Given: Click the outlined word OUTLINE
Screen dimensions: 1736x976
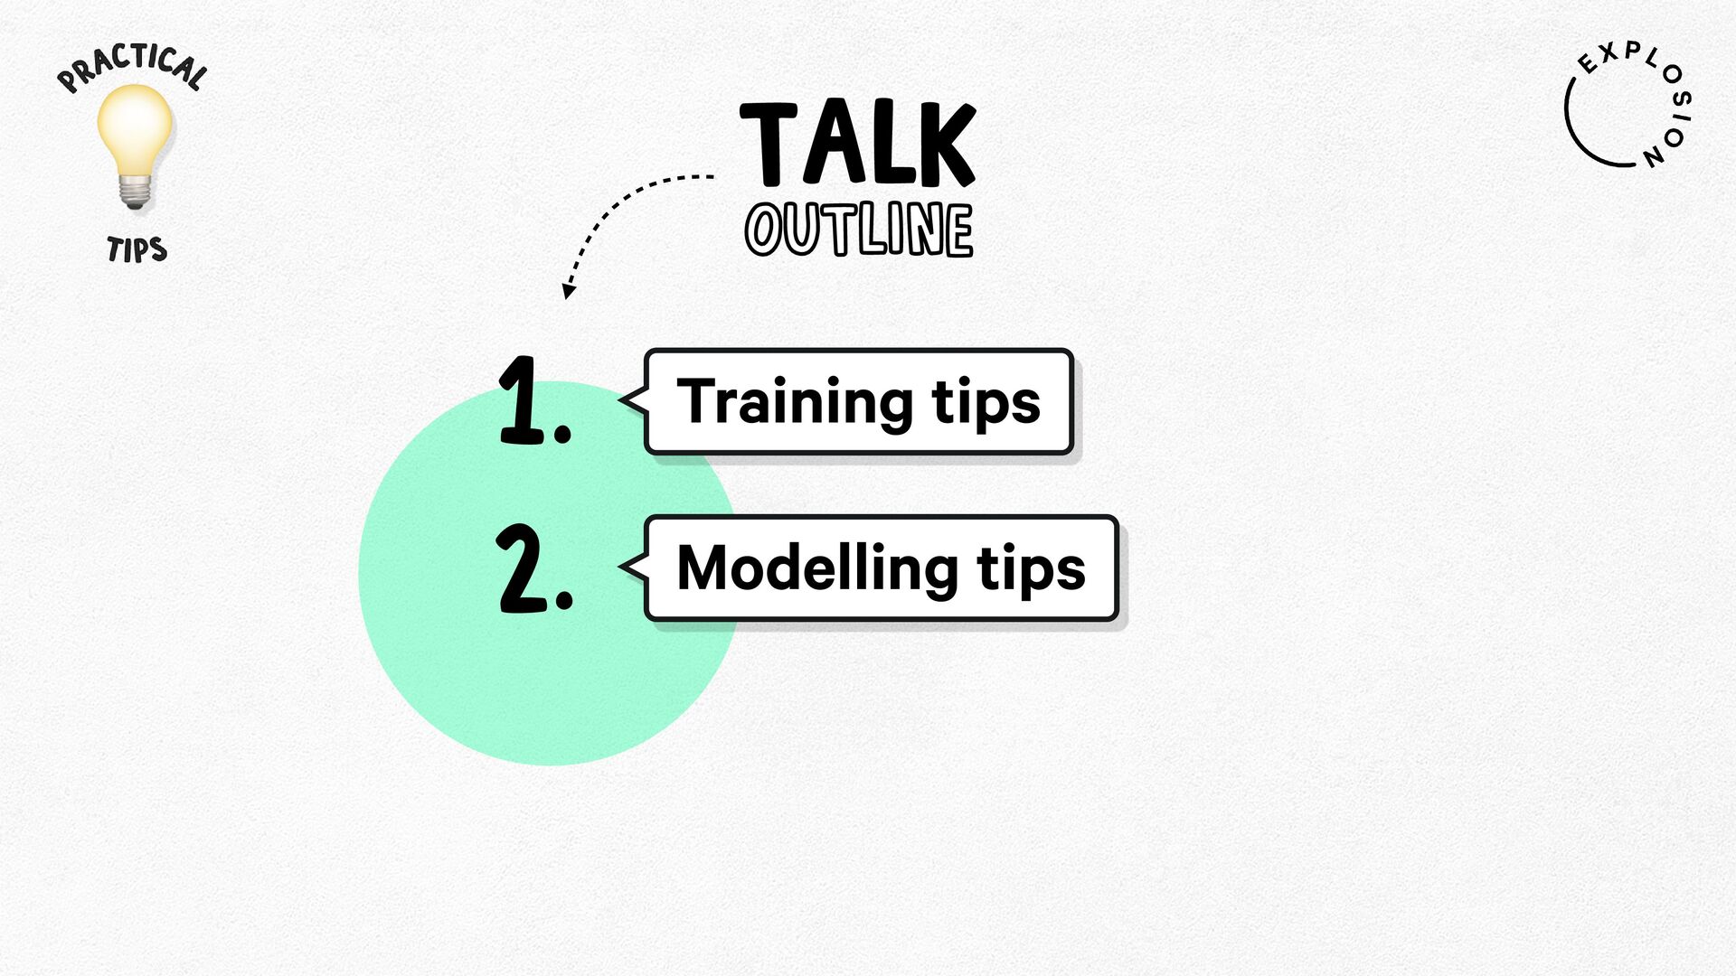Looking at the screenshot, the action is point(859,230).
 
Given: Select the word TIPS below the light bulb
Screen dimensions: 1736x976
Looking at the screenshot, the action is point(137,249).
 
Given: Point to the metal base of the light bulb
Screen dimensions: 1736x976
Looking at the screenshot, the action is point(135,192).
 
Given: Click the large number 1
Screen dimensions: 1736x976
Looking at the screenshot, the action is point(522,399).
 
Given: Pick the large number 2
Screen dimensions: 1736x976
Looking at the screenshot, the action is point(521,568).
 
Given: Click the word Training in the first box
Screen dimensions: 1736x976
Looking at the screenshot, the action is point(795,402).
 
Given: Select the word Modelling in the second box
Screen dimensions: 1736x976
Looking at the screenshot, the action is point(816,569).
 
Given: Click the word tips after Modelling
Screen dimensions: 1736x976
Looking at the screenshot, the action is point(1031,570).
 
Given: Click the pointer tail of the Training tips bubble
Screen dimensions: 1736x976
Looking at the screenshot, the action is point(634,399).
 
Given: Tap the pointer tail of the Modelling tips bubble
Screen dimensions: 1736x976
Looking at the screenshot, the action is point(634,567).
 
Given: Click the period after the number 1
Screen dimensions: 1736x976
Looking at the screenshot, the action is point(562,433).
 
